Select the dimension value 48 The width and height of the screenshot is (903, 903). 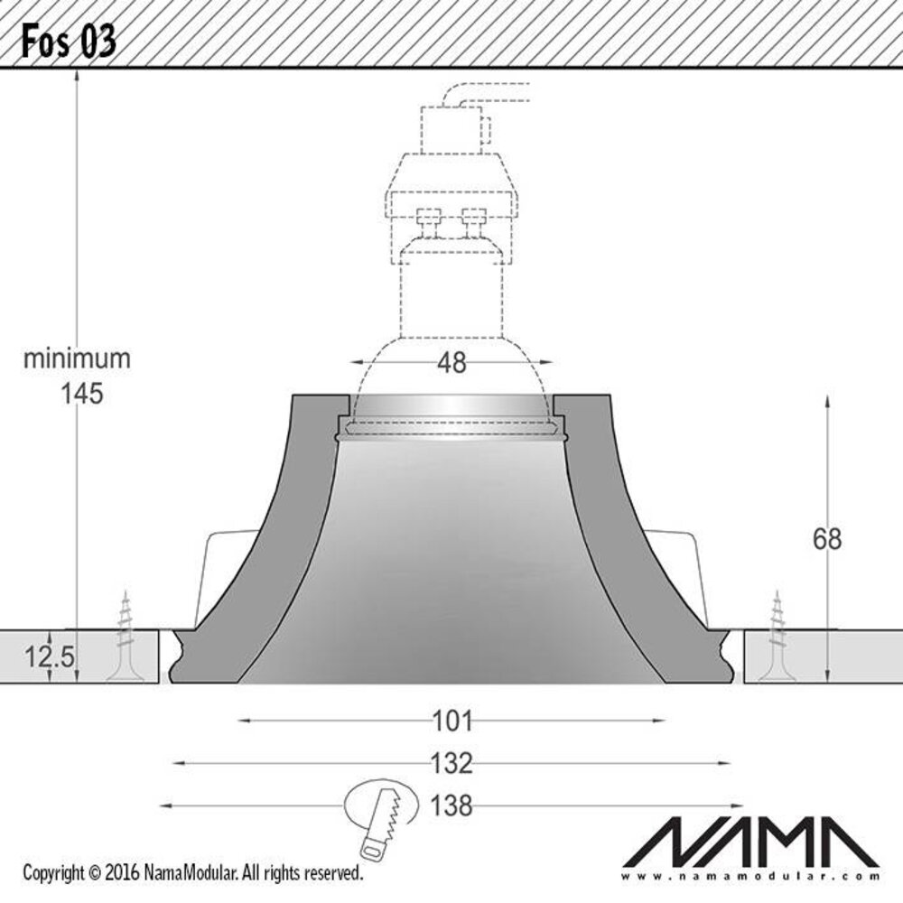(451, 363)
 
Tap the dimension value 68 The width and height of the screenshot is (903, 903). (826, 539)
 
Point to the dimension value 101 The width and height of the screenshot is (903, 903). (452, 721)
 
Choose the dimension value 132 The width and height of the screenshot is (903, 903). (452, 764)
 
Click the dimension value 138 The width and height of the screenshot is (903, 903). (452, 805)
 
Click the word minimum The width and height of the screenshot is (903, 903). (77, 358)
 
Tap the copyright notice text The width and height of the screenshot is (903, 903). (192, 873)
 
